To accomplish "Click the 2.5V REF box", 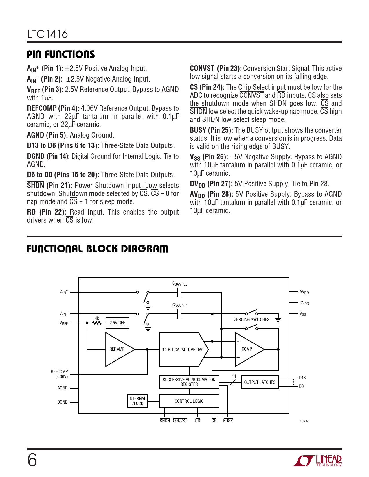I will [x=117, y=323].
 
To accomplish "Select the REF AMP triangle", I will [x=118, y=349].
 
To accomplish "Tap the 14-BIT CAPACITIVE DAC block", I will [x=183, y=350].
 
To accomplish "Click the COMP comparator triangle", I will [x=247, y=349].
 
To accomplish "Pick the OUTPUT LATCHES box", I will [x=260, y=382].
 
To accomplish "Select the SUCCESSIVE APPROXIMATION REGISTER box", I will [x=189, y=382].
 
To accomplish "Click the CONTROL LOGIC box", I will [x=189, y=401].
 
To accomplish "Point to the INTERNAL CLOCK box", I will [x=137, y=401].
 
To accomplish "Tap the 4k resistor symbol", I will [x=97, y=323].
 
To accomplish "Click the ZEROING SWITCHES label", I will [x=251, y=319].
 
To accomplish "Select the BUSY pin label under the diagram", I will [x=228, y=421].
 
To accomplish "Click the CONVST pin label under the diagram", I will [x=180, y=421].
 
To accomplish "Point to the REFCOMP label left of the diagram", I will [x=59, y=371].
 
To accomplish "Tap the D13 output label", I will [x=302, y=378].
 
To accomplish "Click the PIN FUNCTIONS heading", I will [x=61, y=54].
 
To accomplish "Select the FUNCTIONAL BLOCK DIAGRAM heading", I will [x=97, y=249].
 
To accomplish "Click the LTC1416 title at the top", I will [x=47, y=34].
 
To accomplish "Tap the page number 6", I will [x=32, y=460].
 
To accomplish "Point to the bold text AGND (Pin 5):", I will [x=47, y=135].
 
